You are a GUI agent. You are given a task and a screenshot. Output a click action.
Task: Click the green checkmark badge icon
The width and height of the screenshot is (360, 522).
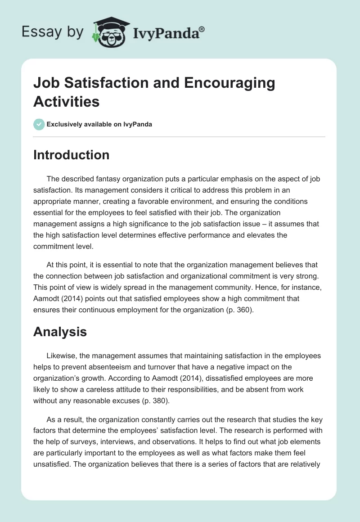tap(39, 124)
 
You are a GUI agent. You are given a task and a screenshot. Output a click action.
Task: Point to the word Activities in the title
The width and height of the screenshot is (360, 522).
tap(67, 101)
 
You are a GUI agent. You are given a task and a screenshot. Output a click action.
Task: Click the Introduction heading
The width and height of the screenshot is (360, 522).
tap(72, 155)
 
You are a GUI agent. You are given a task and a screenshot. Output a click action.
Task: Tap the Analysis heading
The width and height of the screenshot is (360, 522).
tap(60, 332)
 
